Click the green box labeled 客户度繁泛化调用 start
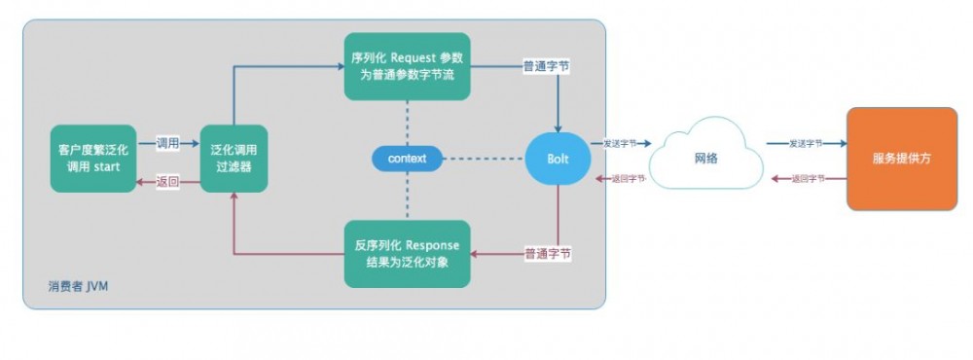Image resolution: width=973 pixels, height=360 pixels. click(x=93, y=159)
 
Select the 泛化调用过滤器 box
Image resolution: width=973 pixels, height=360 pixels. click(x=234, y=159)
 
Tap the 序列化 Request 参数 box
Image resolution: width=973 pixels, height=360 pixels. click(x=407, y=66)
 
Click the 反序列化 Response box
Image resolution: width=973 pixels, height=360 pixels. click(x=407, y=253)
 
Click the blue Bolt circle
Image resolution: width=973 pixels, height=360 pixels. click(x=558, y=158)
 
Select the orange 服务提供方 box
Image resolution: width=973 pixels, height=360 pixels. click(x=901, y=159)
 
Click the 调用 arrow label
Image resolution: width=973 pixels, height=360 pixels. click(x=168, y=143)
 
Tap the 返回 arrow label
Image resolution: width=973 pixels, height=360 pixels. click(x=168, y=181)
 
